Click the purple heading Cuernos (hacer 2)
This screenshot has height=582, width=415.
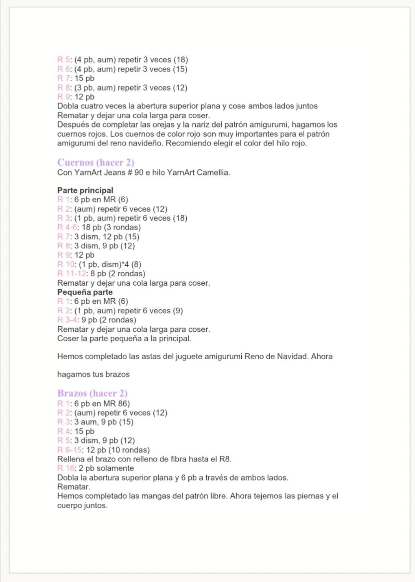click(x=96, y=162)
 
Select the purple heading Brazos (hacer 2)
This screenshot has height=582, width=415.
click(x=92, y=394)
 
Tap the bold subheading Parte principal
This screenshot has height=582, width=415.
click(x=85, y=190)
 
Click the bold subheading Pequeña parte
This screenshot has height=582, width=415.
click(x=85, y=292)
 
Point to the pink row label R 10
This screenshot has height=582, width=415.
click(x=66, y=265)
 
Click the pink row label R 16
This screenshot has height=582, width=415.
click(x=66, y=468)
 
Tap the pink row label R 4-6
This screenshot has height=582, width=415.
click(x=68, y=227)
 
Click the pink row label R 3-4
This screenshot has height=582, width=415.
click(x=67, y=320)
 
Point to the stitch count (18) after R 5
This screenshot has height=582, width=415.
click(x=181, y=60)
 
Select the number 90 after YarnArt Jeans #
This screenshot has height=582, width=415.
click(x=139, y=173)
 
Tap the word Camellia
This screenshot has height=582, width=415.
click(x=213, y=173)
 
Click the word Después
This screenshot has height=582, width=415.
click(x=73, y=125)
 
